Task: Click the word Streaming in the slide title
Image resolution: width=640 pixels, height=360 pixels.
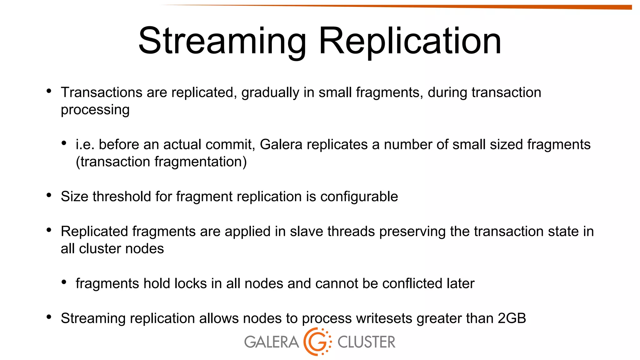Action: [222, 41]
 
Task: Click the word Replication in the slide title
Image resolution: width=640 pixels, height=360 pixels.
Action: [410, 41]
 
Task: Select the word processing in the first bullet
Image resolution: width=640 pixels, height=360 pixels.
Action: [95, 110]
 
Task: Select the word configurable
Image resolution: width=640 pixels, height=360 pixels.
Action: [359, 197]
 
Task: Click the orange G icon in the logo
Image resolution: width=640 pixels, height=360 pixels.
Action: [317, 342]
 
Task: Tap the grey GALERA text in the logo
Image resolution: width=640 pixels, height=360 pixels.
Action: [271, 342]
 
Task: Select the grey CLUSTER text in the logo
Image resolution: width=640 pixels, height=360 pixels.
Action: [366, 342]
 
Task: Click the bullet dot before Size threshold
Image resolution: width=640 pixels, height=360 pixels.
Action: [49, 196]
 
